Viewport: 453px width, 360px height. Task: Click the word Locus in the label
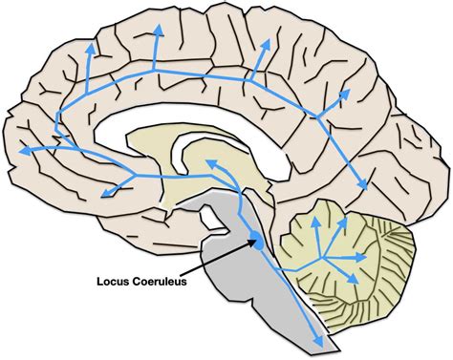coord(117,282)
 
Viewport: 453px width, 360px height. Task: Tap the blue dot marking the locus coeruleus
coord(255,244)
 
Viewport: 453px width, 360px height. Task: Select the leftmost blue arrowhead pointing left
coord(22,150)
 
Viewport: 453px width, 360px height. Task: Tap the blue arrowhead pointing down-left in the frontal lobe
coord(104,192)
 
